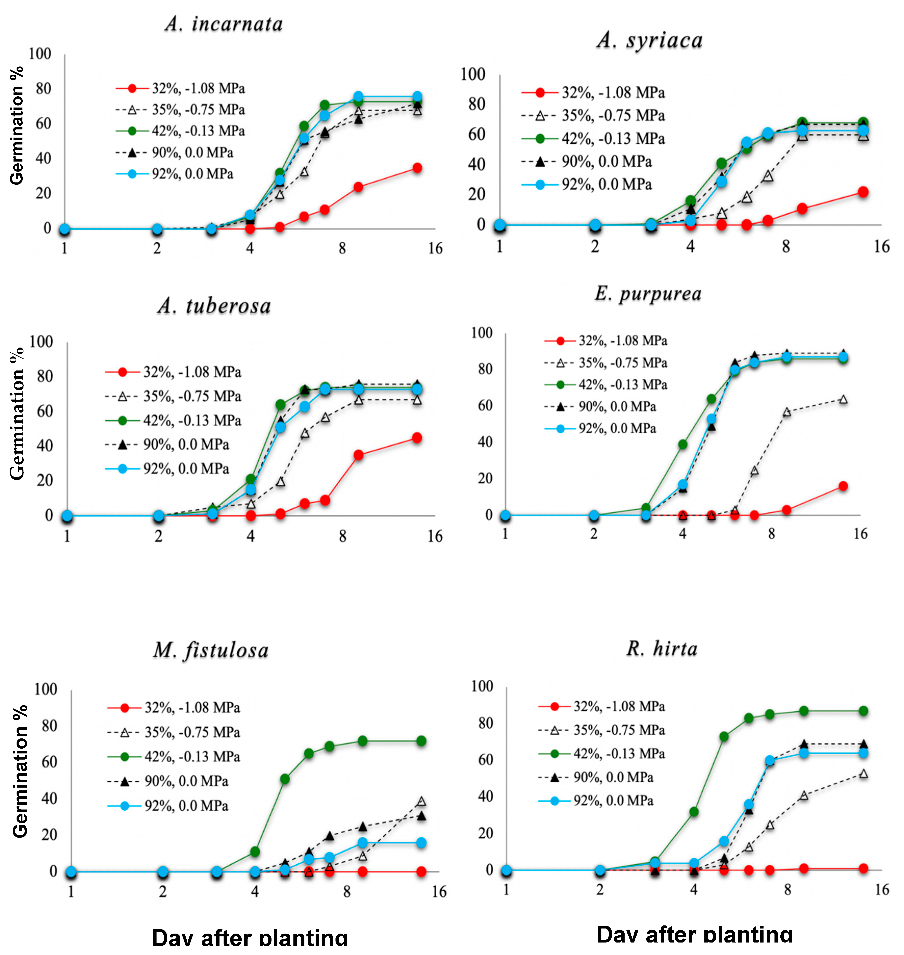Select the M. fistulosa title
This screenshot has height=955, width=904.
211,650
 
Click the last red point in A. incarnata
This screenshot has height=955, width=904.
417,168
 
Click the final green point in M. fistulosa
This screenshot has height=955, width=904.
421,741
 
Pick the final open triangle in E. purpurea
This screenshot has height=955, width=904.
843,399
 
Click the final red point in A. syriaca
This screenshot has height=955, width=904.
863,192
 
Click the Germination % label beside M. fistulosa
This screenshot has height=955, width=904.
20,772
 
